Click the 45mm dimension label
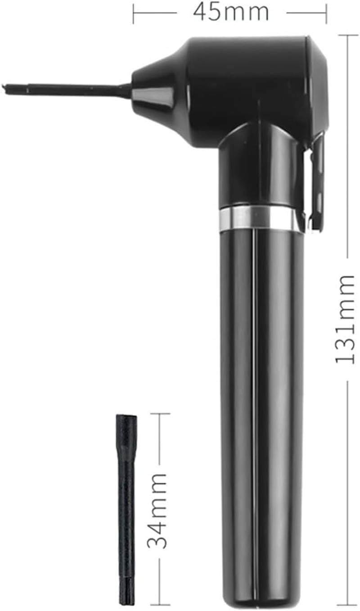coord(231,12)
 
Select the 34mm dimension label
coord(158,511)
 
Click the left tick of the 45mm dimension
coord(134,13)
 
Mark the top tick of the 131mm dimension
coord(347,35)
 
